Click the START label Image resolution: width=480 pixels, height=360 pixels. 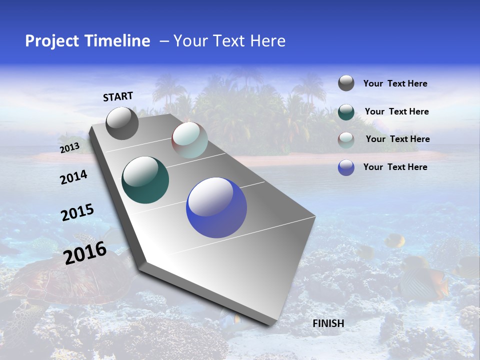[118, 96]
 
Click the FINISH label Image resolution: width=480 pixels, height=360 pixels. [328, 323]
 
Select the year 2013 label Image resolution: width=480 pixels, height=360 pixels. [69, 148]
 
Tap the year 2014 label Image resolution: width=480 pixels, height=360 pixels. [73, 177]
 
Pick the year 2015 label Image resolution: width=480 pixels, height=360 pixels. [77, 212]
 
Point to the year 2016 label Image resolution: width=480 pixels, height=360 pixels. [85, 253]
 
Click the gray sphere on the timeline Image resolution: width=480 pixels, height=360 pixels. [122, 123]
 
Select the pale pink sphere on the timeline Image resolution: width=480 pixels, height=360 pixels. [189, 140]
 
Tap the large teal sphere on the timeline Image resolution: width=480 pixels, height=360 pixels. [145, 180]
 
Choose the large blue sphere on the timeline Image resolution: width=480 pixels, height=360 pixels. [216, 207]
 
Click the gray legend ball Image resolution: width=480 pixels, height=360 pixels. [346, 83]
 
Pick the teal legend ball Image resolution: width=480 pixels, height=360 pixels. [346, 112]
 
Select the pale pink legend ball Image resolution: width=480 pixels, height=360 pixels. [346, 140]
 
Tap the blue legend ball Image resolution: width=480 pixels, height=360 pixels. [346, 167]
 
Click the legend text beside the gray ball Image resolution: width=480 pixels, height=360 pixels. [395, 84]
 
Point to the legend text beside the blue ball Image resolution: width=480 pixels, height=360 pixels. [395, 167]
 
